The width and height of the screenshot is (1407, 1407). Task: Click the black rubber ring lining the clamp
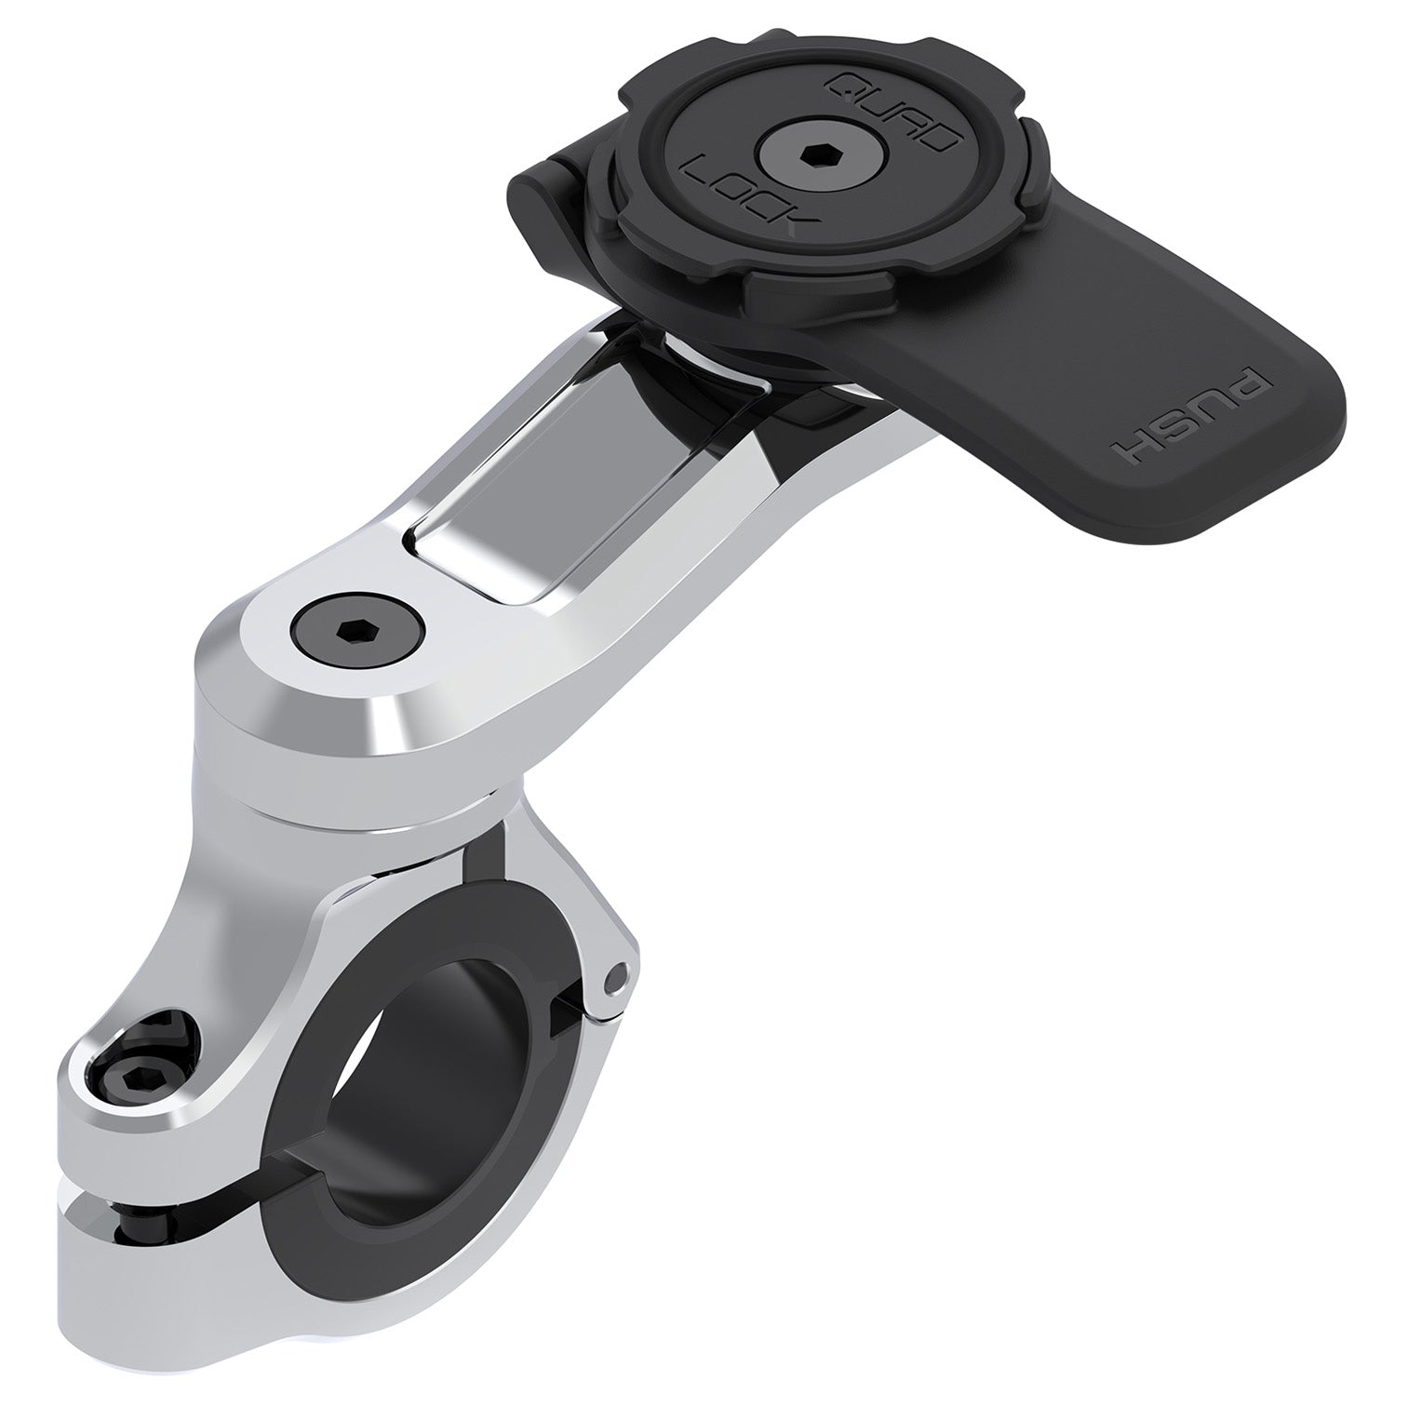pyautogui.click(x=307, y=1200)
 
